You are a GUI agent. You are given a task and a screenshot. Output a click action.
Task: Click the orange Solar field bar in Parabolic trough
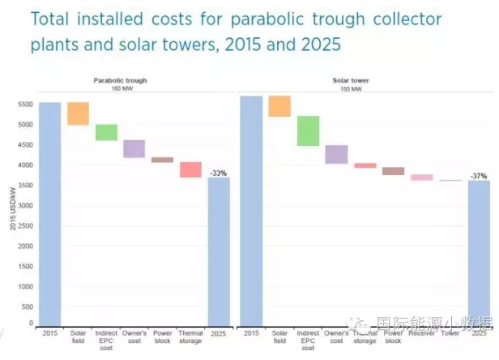point(78,114)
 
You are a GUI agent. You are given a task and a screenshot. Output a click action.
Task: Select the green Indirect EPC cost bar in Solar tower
point(308,131)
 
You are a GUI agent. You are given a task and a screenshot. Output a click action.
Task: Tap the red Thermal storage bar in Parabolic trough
point(190,169)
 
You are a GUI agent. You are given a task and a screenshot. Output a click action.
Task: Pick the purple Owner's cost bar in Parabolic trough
point(134,148)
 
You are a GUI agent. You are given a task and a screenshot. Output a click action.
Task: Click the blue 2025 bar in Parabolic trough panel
point(219,251)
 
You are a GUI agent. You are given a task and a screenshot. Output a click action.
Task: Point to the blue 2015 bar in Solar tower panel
point(251,210)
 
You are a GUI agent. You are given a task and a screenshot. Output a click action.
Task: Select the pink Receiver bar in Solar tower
point(421,177)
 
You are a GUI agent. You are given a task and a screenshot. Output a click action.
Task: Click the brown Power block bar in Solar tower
point(393,171)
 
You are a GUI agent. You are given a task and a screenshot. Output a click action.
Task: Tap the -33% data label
point(218,173)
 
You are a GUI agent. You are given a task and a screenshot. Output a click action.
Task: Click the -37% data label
point(479,175)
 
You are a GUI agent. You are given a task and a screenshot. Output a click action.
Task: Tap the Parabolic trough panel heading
point(120,81)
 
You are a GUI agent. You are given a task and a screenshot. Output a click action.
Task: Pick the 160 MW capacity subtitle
point(120,88)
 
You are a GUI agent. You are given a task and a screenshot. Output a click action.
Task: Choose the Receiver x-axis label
point(421,332)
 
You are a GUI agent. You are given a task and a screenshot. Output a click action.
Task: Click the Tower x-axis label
point(450,332)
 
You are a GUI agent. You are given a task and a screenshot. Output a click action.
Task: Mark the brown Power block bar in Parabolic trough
point(162,160)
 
